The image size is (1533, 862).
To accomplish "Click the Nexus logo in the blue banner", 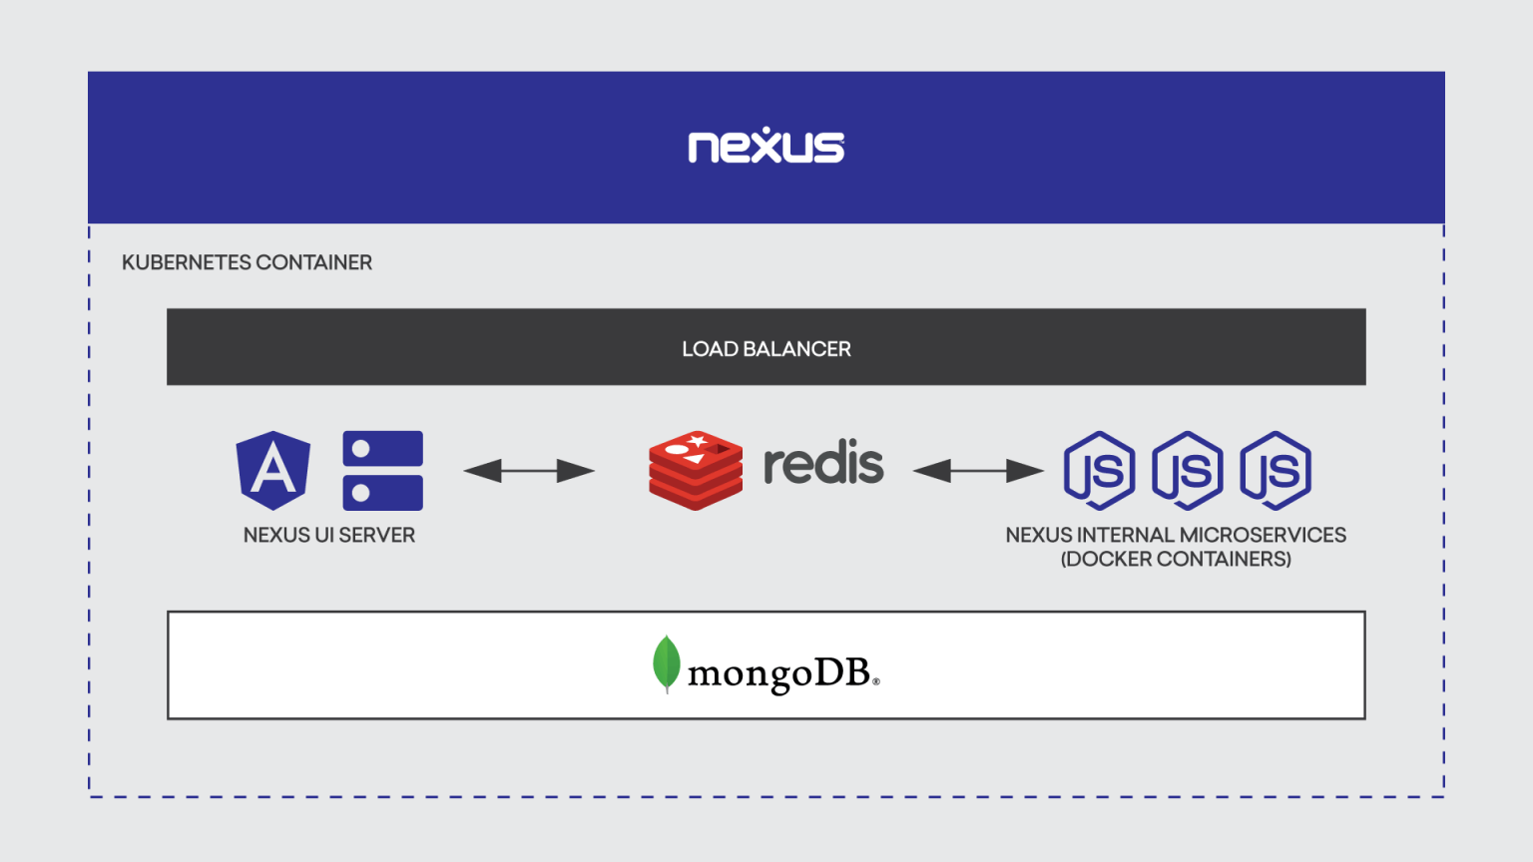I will (766, 146).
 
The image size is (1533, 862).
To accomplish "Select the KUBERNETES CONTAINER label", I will (247, 262).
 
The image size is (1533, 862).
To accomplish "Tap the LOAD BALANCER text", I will (766, 349).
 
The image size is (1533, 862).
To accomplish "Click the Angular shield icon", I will (272, 470).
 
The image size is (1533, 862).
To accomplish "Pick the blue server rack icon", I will (382, 470).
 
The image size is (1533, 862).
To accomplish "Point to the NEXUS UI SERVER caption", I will (328, 535).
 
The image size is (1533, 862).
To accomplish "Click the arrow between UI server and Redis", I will (529, 470).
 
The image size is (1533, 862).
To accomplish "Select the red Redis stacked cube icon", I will (696, 470).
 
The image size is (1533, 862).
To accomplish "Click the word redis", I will (823, 464).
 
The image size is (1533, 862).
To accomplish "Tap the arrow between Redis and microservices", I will (978, 470).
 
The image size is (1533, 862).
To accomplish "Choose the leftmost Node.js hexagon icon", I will (1099, 470).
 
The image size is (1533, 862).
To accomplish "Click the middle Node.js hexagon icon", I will (1187, 470).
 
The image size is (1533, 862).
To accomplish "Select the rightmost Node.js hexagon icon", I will (1275, 470).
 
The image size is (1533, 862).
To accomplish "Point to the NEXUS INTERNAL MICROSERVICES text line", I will (1176, 535).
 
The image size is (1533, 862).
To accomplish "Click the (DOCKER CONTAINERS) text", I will (1176, 559).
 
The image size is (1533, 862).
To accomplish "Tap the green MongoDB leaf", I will (666, 662).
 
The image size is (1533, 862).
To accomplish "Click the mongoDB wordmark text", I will (780, 673).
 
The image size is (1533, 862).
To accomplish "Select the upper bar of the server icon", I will (382, 449).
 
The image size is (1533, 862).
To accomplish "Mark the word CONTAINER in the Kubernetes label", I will (313, 262).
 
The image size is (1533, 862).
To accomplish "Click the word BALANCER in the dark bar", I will (796, 349).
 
